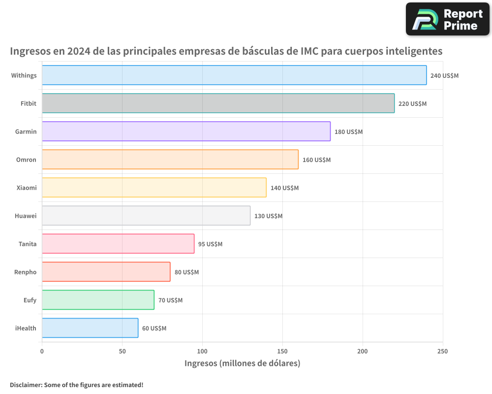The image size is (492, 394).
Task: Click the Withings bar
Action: pos(234,75)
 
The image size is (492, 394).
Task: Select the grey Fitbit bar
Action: pos(218,103)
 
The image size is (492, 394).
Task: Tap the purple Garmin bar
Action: pos(186,131)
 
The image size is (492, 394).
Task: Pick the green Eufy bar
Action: pos(98,300)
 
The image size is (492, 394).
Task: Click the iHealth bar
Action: pos(90,328)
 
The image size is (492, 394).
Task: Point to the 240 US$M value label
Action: pos(444,76)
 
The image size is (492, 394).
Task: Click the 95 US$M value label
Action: pos(210,244)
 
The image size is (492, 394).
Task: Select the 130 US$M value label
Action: pos(268,216)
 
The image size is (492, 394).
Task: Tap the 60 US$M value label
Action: pos(154,328)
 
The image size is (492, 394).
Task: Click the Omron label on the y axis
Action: pos(26,160)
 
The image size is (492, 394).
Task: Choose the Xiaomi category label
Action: pos(27,188)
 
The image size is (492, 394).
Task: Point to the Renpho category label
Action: pos(26,272)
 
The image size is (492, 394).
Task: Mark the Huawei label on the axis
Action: pos(26,216)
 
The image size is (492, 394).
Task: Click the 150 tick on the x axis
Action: pos(282,352)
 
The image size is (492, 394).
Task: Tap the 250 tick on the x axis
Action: pos(442,352)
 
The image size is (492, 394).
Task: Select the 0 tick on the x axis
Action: pos(42,352)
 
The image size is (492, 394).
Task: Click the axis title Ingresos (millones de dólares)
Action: pos(242,363)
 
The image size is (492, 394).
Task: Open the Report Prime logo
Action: pos(447,19)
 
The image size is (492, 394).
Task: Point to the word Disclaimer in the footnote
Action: pos(26,385)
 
